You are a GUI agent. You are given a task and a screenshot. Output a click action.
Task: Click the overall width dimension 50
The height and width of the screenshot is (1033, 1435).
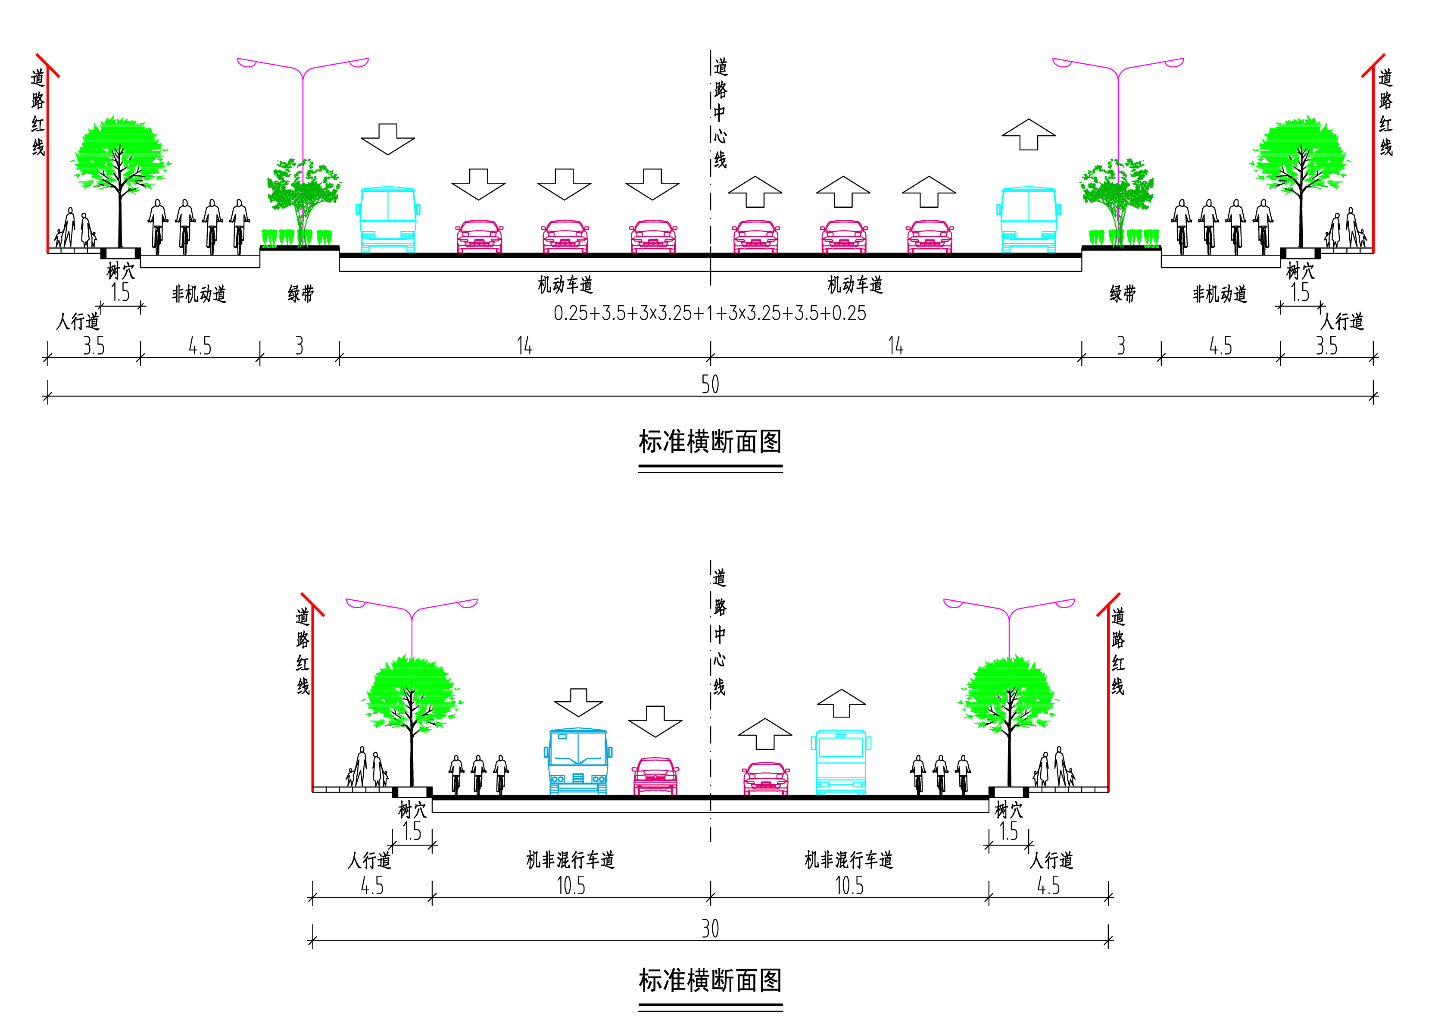(x=710, y=384)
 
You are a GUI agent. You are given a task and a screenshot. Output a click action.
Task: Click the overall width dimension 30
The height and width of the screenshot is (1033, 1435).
(x=710, y=929)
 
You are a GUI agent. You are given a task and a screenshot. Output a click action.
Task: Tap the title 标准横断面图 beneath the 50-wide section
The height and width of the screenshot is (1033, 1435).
(x=710, y=442)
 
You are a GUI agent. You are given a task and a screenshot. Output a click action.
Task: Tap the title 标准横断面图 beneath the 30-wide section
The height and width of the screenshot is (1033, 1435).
(x=710, y=980)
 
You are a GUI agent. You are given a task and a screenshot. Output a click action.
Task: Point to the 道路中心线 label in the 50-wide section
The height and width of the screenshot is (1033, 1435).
(x=720, y=114)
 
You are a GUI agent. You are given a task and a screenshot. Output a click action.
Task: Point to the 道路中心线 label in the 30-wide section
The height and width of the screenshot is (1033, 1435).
(x=719, y=633)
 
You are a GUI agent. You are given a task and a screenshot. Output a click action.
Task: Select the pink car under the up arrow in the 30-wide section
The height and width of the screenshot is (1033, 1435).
(x=766, y=778)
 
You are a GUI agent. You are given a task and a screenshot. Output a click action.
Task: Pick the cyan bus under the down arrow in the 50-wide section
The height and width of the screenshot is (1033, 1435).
(x=388, y=219)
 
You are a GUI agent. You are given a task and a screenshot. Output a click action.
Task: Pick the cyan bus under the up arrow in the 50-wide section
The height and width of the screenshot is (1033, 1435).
(x=1029, y=219)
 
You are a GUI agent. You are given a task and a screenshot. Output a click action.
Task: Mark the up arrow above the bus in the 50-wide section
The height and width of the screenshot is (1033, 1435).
(x=1029, y=134)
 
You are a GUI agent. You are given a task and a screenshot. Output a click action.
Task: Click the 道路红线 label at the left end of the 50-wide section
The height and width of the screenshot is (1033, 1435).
(x=38, y=112)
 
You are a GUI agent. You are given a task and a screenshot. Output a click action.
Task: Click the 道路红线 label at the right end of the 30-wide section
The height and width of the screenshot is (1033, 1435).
(x=1118, y=652)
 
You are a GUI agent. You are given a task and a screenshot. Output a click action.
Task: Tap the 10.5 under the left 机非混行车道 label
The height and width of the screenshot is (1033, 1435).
(x=571, y=886)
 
